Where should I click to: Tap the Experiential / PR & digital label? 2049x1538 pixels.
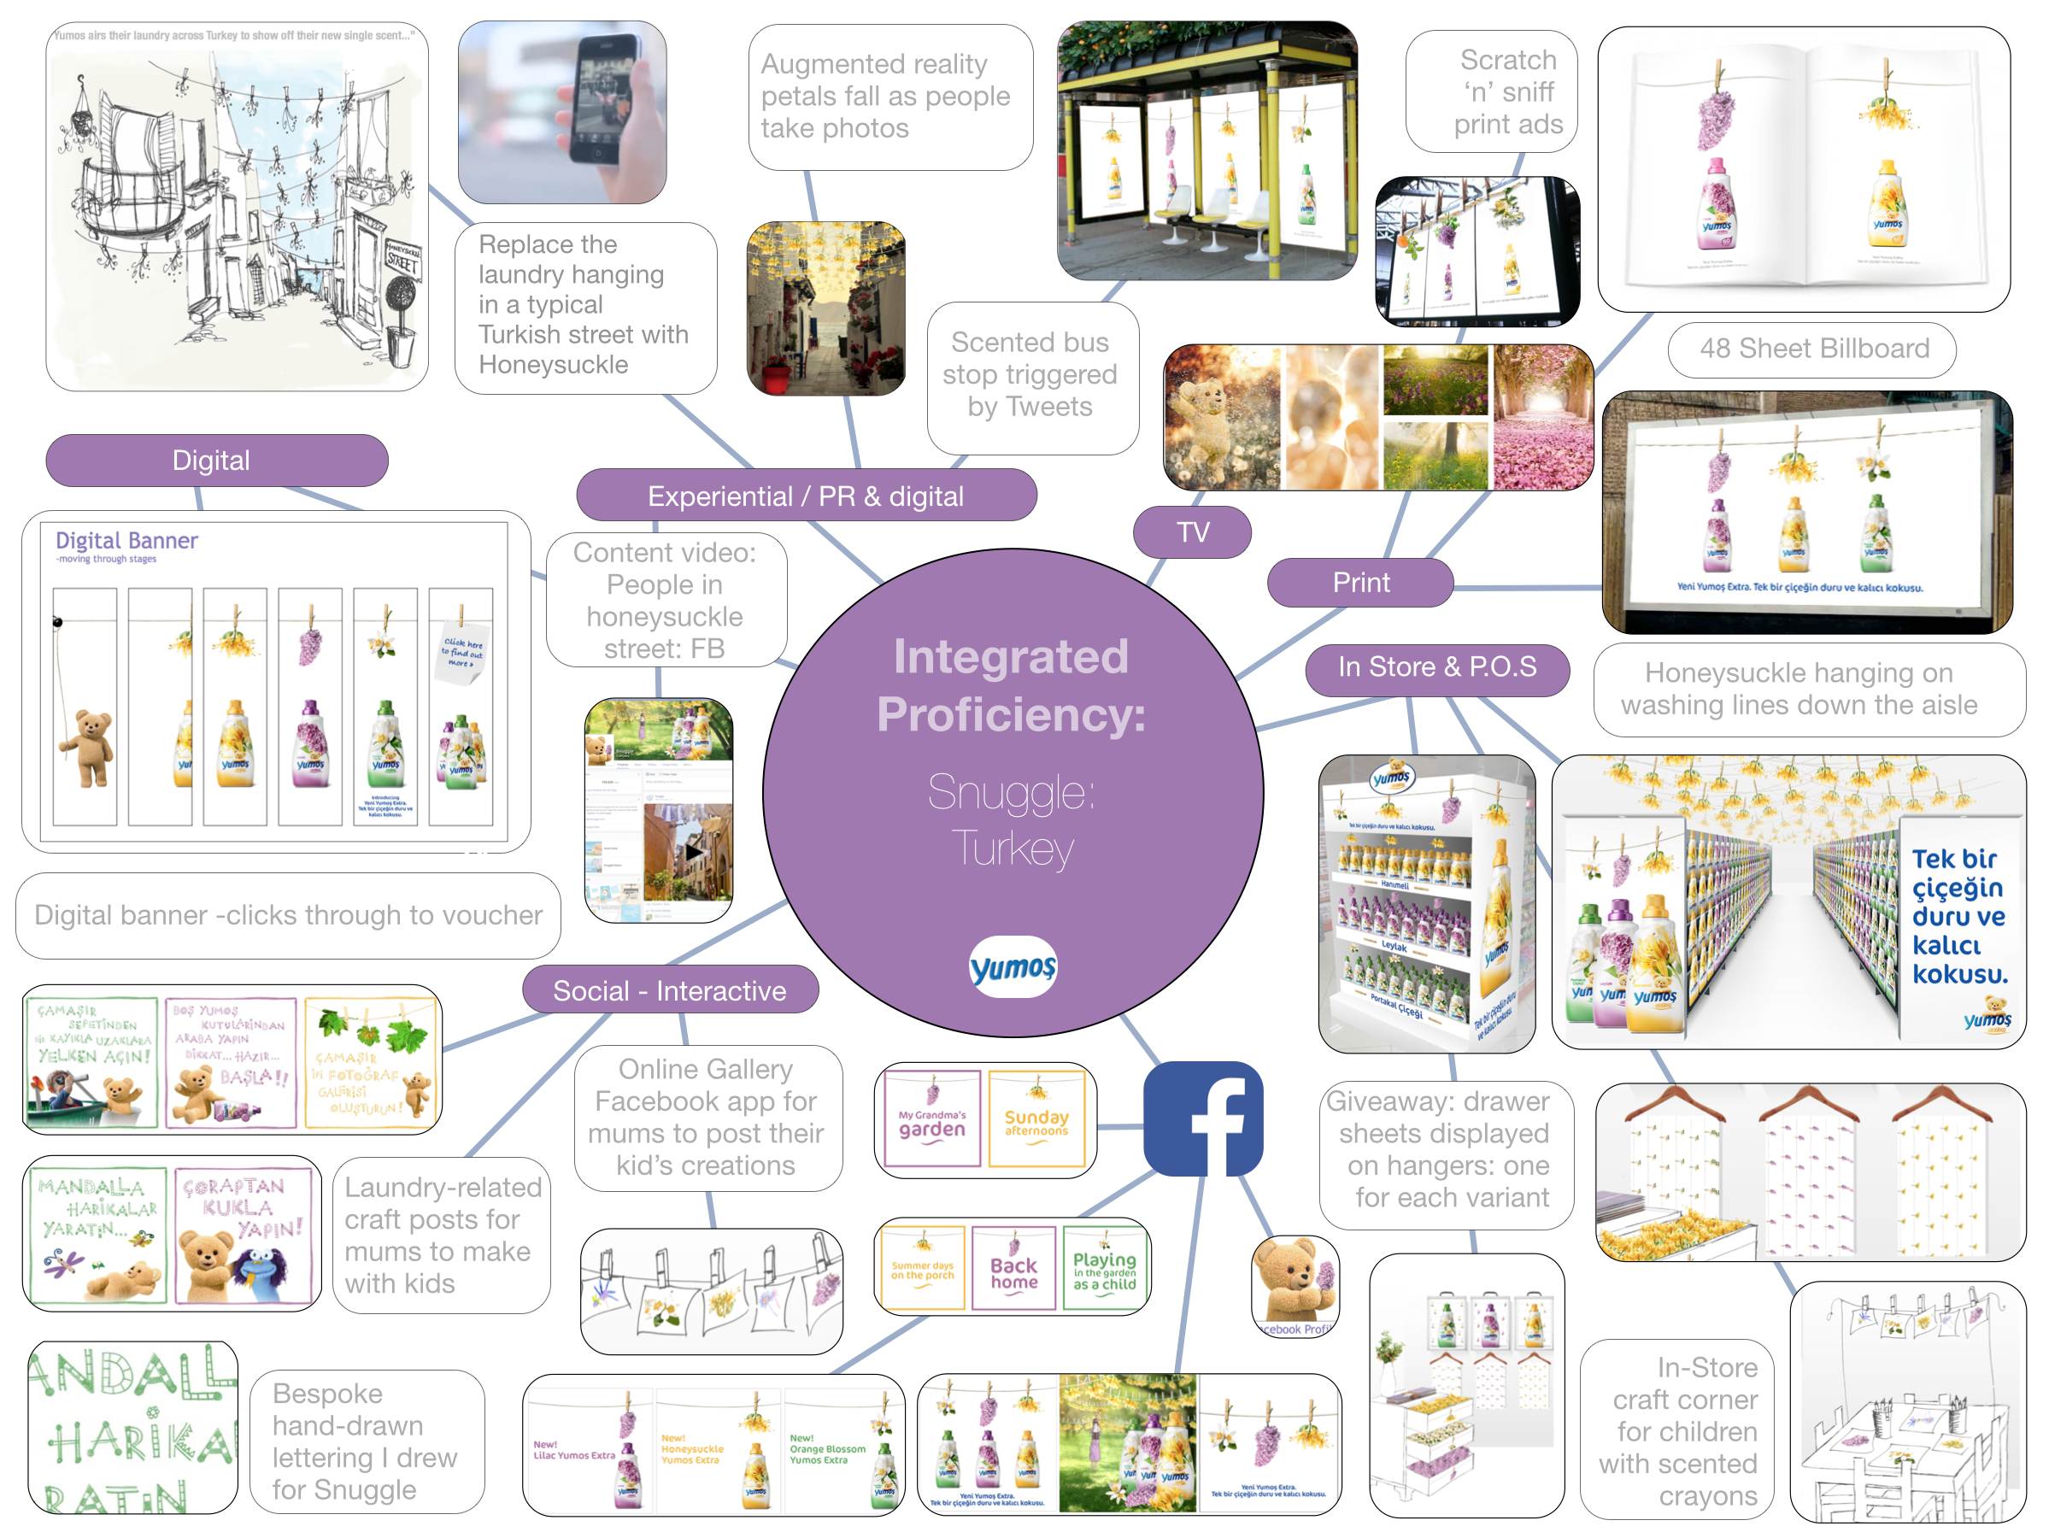click(x=805, y=496)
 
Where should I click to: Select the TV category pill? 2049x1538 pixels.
click(x=1192, y=531)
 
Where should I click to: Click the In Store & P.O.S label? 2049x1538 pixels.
click(x=1435, y=667)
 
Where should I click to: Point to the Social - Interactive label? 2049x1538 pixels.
click(x=669, y=990)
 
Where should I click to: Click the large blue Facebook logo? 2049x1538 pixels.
click(x=1203, y=1118)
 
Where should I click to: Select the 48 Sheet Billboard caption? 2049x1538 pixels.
click(x=1813, y=349)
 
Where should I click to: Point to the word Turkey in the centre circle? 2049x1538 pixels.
click(x=1013, y=848)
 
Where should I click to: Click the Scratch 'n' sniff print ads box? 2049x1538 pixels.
click(x=1491, y=91)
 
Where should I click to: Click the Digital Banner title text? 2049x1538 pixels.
click(x=127, y=541)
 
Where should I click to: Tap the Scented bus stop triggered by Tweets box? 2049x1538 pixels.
click(x=1031, y=375)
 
